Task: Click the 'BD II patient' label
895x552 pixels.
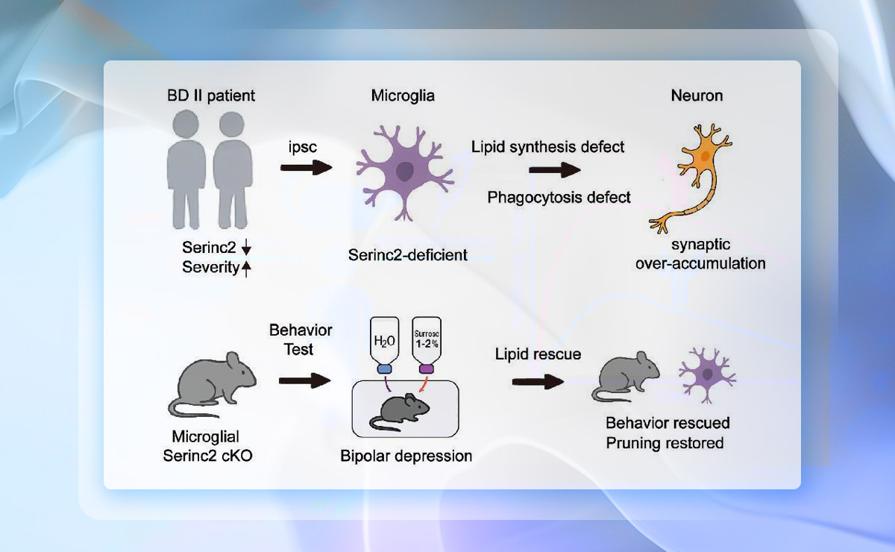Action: pos(211,95)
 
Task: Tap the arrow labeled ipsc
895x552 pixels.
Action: pos(306,168)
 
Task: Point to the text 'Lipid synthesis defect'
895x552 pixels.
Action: pos(548,146)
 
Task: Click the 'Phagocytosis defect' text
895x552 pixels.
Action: pos(559,197)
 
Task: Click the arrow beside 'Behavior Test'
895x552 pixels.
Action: pos(304,381)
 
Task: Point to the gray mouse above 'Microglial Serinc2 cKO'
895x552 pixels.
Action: pos(211,384)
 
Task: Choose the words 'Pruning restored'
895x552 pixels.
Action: pos(665,443)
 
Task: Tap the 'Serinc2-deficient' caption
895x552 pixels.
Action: pos(408,255)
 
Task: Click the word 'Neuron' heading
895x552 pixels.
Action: pos(697,95)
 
